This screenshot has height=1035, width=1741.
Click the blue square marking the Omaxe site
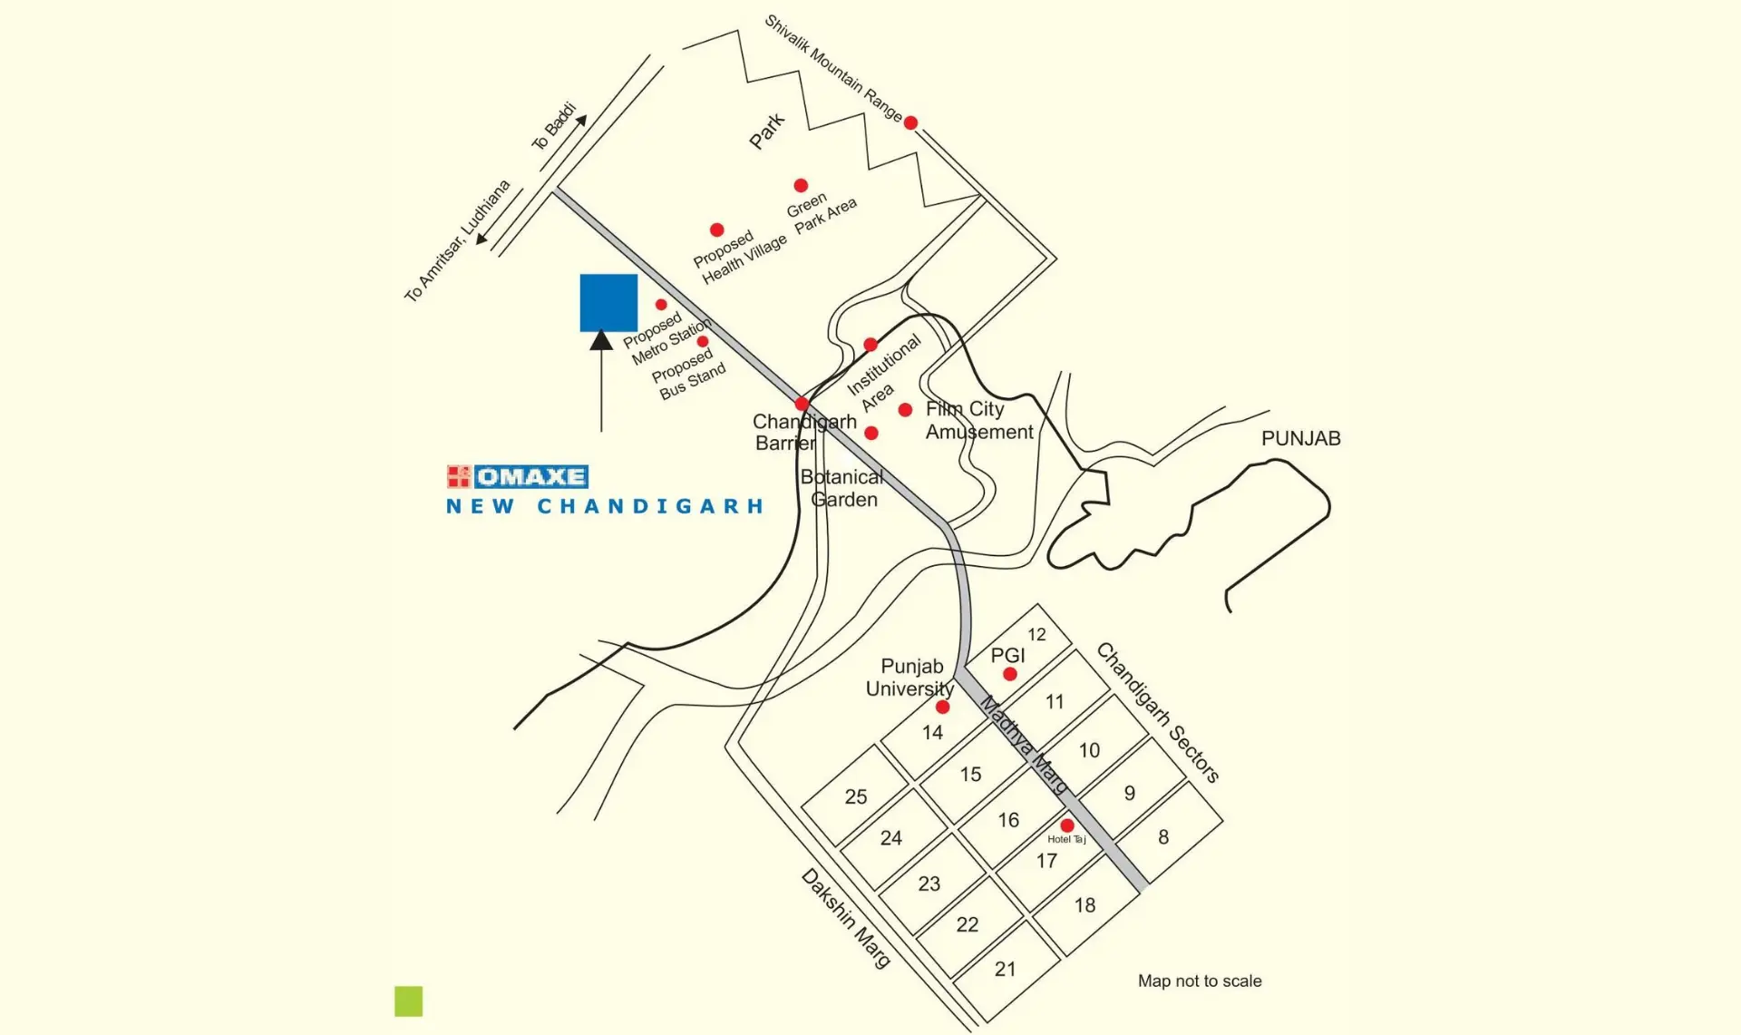608,303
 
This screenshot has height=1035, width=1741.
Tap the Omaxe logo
518,476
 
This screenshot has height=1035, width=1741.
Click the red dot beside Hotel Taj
1067,825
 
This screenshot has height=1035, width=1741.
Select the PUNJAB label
1300,439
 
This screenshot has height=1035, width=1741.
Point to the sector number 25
856,796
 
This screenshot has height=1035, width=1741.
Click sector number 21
1005,969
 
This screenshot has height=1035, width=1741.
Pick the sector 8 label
1163,837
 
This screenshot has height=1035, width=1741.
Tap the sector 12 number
1036,635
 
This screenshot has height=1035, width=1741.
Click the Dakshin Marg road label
845,918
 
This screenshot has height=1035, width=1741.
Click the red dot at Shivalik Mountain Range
910,122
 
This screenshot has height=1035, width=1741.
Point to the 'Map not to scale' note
1199,981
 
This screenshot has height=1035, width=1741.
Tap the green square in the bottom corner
409,1001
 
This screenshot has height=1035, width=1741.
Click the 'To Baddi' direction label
554,126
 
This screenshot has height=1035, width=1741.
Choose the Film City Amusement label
977,421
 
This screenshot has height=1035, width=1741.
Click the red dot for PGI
1010,674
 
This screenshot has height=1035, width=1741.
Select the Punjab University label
909,678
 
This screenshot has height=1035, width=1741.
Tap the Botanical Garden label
842,488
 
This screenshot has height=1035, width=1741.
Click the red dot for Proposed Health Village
716,229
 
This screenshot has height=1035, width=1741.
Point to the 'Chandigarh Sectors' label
1157,712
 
